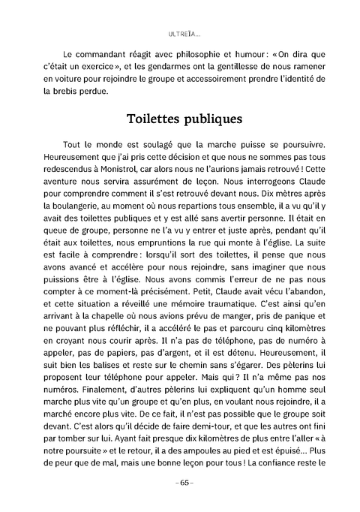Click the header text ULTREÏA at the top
[180, 34]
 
